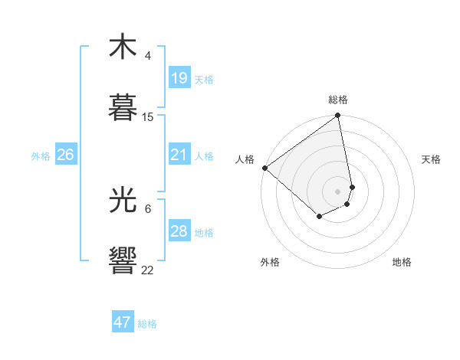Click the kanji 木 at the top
point(123,47)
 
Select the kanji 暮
point(123,107)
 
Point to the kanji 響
point(123,260)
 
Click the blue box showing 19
point(179,78)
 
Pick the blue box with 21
point(179,155)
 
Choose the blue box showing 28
point(179,231)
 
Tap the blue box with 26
point(66,155)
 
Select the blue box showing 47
point(123,322)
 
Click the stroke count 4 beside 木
point(148,56)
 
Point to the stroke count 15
point(148,117)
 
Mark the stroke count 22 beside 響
point(148,270)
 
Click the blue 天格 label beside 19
point(204,80)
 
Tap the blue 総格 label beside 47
point(147,324)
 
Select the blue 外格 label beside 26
point(41,156)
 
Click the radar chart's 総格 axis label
point(338,100)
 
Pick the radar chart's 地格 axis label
point(402,262)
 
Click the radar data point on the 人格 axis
point(264,168)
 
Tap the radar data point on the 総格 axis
point(338,116)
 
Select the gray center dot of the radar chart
point(338,191)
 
